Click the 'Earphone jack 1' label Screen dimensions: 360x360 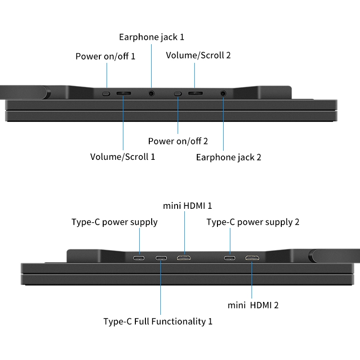pos(152,37)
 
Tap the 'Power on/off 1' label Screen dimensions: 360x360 pos(105,57)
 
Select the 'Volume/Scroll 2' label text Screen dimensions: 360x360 pos(198,55)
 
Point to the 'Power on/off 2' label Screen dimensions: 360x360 pos(178,141)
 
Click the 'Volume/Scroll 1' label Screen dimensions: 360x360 pos(122,156)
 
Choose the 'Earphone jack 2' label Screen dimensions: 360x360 pos(228,157)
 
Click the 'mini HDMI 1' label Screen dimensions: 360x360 pos(187,206)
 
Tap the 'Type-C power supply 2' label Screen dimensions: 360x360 pos(253,222)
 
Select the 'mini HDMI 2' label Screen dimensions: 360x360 pos(253,305)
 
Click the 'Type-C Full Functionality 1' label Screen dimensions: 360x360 pos(158,321)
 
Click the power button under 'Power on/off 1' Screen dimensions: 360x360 pos(107,94)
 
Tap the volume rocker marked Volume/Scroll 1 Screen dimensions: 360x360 pos(123,94)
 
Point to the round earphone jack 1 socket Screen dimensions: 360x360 pos(152,94)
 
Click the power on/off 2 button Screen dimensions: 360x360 pos(178,94)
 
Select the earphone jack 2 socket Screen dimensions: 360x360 pos(223,94)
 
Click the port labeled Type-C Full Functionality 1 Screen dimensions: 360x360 pos(161,258)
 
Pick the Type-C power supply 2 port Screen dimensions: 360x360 pos(230,258)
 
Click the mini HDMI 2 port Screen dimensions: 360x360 pos(252,258)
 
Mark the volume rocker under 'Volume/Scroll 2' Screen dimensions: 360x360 pos(195,94)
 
